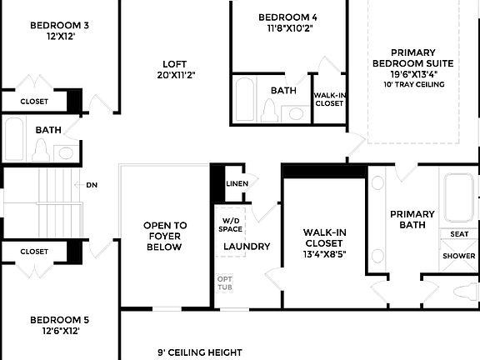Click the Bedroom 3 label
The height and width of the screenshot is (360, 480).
click(x=59, y=25)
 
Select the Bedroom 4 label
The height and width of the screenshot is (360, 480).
click(x=287, y=17)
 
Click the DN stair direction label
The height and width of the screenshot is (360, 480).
click(x=92, y=185)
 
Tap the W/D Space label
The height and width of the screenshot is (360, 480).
click(x=231, y=222)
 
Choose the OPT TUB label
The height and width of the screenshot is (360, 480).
click(x=225, y=282)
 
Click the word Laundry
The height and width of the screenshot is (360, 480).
click(x=247, y=247)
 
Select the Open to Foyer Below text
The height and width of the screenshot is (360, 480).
click(x=165, y=236)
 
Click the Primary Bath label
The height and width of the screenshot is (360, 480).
click(x=412, y=220)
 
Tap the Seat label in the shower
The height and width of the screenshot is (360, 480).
click(x=459, y=235)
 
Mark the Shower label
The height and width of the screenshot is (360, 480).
click(x=459, y=256)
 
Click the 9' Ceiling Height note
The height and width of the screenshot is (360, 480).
click(x=200, y=352)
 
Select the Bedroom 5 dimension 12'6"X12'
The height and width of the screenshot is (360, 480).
click(x=59, y=331)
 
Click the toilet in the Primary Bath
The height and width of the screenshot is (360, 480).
click(x=464, y=292)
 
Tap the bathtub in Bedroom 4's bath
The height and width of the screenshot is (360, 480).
click(x=245, y=100)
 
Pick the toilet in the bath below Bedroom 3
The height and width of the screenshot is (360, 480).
click(x=40, y=150)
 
